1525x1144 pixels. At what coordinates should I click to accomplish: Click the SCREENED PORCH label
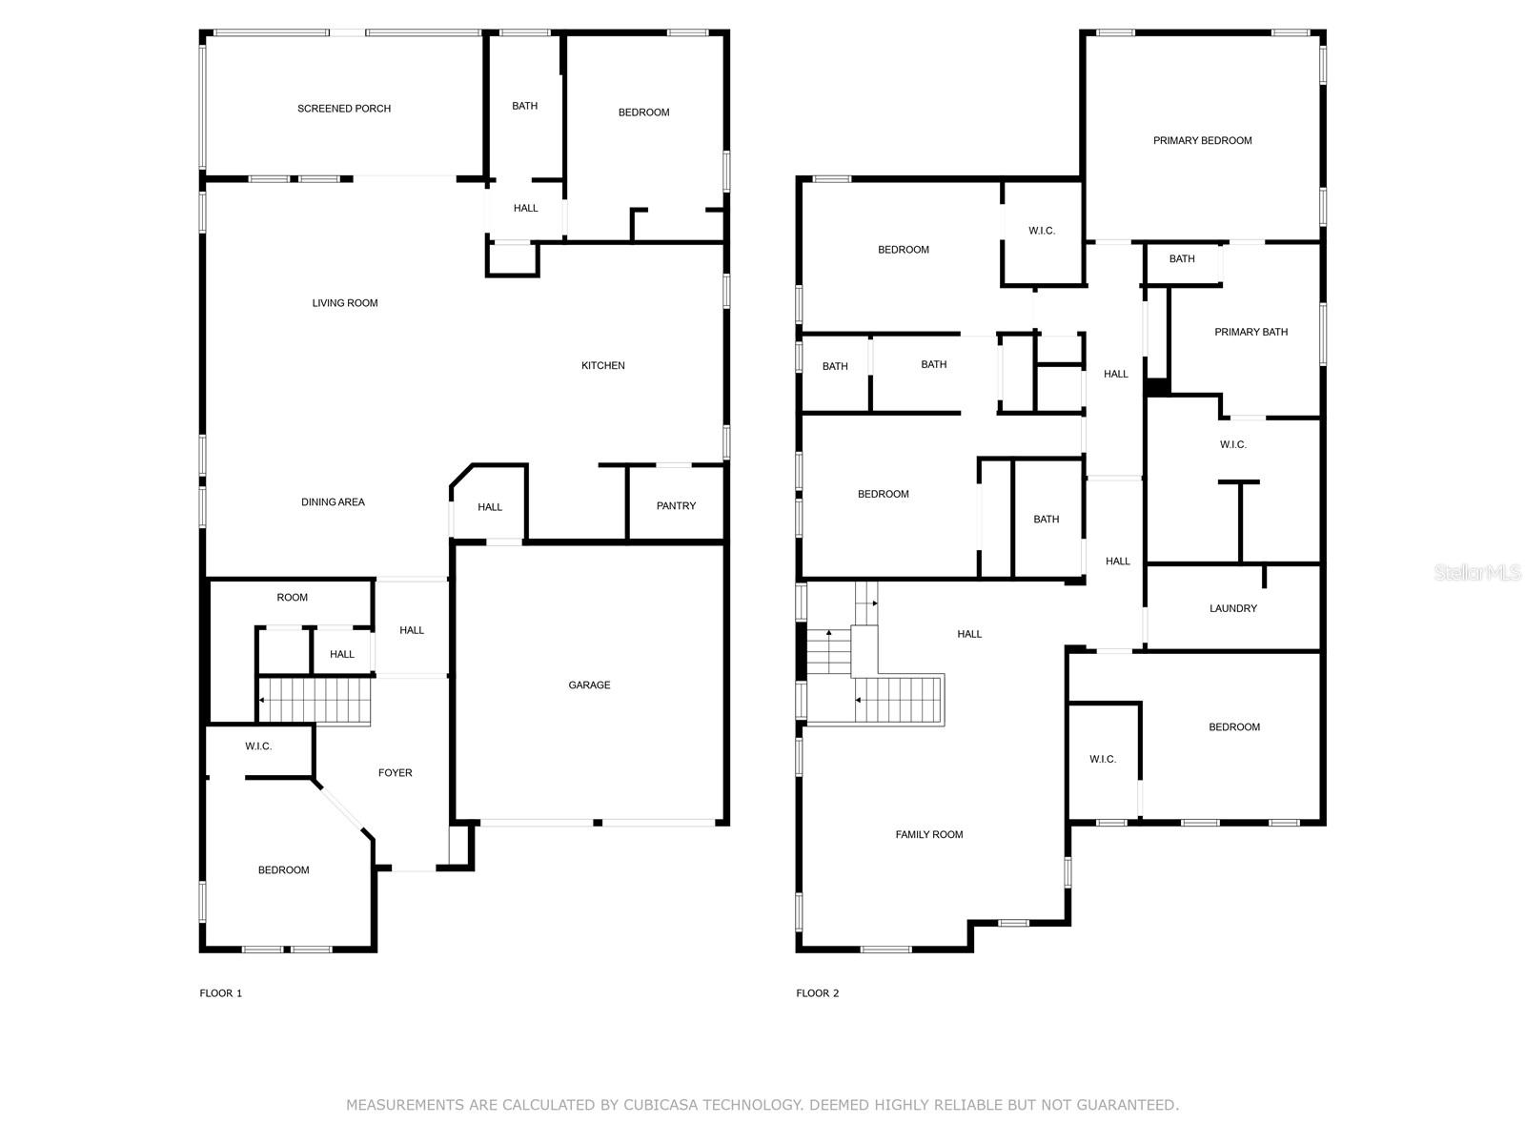click(x=344, y=109)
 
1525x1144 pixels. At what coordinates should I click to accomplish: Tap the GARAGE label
click(x=589, y=684)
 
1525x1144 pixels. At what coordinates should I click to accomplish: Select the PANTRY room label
click(x=676, y=505)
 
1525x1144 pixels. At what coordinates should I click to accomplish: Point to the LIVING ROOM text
click(x=345, y=303)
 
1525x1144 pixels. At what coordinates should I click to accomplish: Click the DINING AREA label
click(x=333, y=502)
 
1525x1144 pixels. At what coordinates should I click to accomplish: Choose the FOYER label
click(x=396, y=773)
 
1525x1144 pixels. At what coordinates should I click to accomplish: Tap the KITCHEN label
click(x=603, y=365)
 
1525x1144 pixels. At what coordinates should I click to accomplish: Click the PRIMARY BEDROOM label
click(x=1203, y=140)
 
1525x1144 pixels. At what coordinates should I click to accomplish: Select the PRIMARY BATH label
click(x=1251, y=332)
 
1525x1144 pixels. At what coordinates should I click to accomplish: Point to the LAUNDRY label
click(x=1233, y=608)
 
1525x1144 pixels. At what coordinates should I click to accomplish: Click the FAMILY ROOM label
click(x=929, y=835)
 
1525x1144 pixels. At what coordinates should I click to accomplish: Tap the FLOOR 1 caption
click(x=221, y=993)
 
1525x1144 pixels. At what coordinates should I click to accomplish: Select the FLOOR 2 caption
click(x=818, y=993)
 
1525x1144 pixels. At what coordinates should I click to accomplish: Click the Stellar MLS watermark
click(x=1477, y=572)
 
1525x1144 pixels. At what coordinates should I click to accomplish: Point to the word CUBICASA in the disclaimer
click(x=660, y=1105)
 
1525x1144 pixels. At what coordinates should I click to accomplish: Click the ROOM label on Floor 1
click(x=292, y=598)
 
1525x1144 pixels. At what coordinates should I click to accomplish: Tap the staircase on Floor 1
click(x=315, y=701)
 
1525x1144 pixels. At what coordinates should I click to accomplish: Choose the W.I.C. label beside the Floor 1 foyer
click(x=258, y=746)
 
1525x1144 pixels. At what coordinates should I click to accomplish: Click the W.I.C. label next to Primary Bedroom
click(x=1042, y=231)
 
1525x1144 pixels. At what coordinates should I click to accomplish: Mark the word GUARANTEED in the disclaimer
click(x=1126, y=1105)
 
